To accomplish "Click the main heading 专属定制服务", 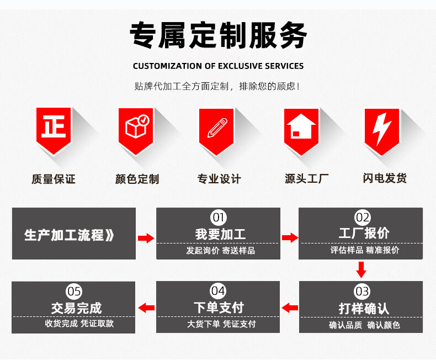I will pos(218,36).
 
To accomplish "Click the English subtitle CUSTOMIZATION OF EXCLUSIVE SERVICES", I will pos(218,66).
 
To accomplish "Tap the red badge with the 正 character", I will pos(54,128).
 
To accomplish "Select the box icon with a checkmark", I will pos(136,128).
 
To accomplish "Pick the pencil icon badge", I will pos(217,128).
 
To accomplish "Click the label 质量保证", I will pos(54,179).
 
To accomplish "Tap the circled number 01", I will pos(219,217).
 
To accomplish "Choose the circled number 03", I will pos(362,291).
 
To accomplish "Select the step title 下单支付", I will pos(219,308).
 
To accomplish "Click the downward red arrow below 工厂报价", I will pos(361,270).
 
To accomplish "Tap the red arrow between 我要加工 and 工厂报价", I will pos(290,237).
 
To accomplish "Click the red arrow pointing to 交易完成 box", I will pos(146,308).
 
